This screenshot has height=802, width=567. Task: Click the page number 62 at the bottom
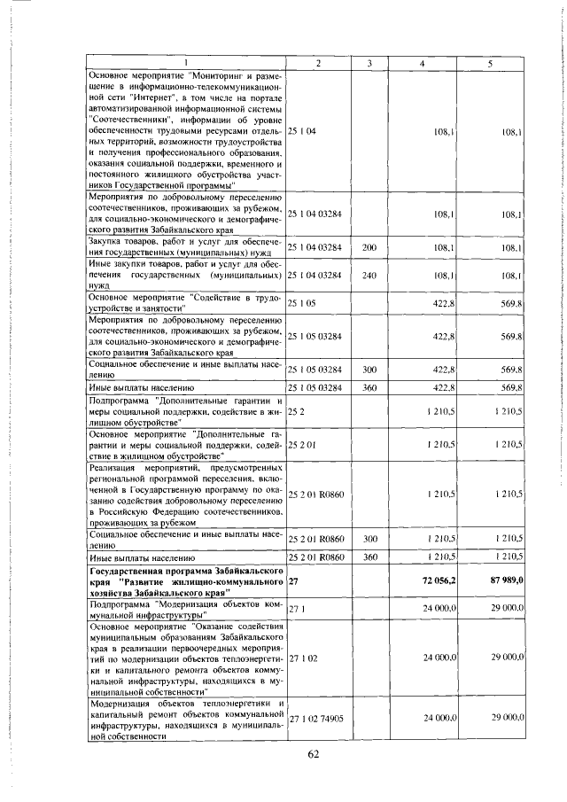(313, 754)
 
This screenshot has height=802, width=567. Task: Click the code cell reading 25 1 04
(302, 131)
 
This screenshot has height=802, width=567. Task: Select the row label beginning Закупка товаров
(186, 247)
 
